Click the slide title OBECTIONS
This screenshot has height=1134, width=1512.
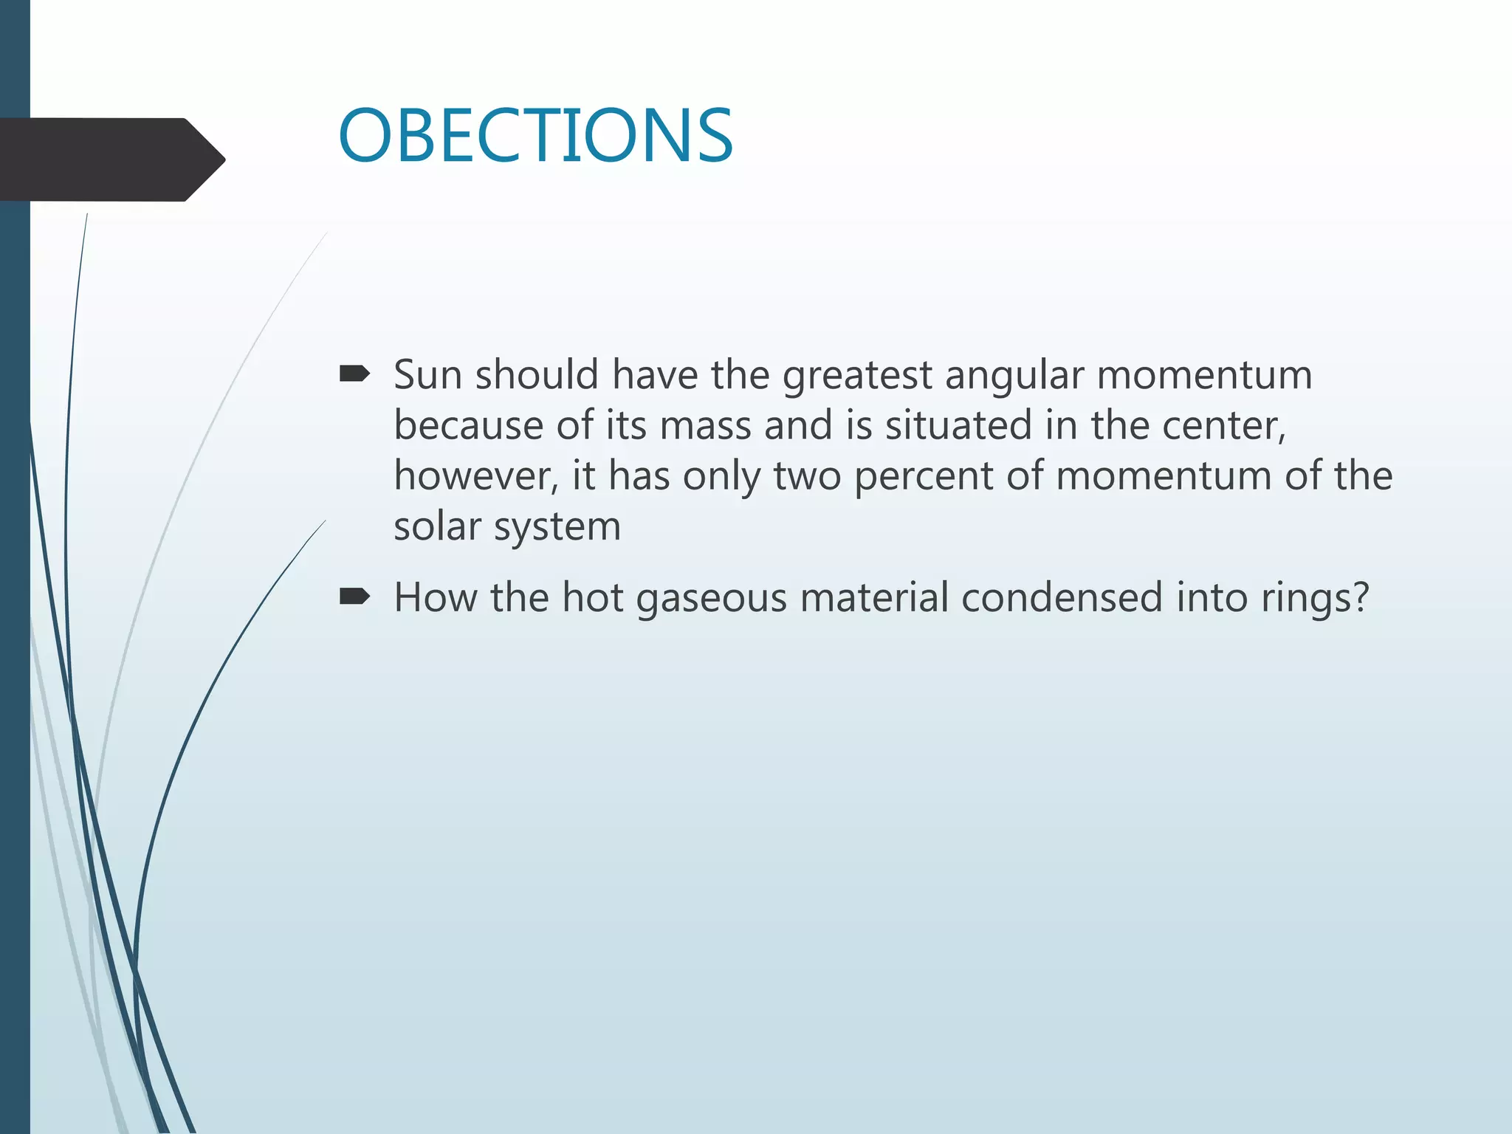535,136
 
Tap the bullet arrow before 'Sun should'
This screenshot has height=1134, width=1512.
354,374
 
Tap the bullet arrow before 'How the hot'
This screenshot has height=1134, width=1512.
354,597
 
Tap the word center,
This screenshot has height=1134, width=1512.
1224,426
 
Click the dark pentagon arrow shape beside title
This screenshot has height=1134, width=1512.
111,159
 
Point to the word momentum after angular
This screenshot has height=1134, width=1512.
1204,375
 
